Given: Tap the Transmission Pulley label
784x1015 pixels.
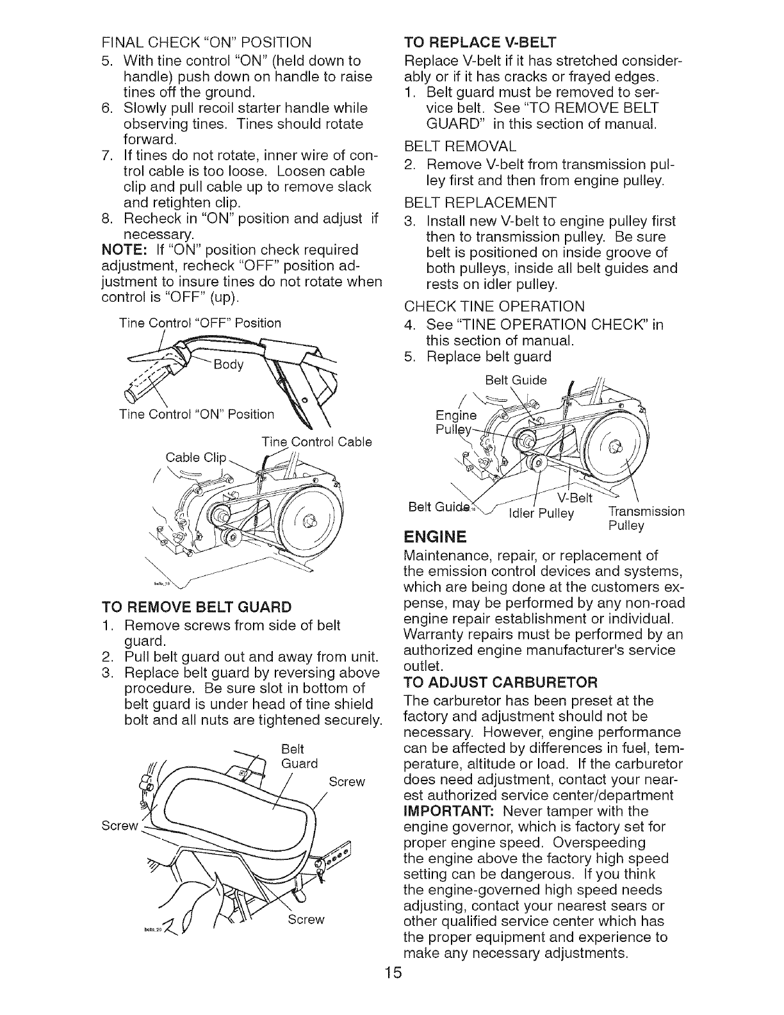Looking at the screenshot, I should (x=644, y=518).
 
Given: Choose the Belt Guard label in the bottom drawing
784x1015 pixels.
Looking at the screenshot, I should (x=298, y=756).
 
